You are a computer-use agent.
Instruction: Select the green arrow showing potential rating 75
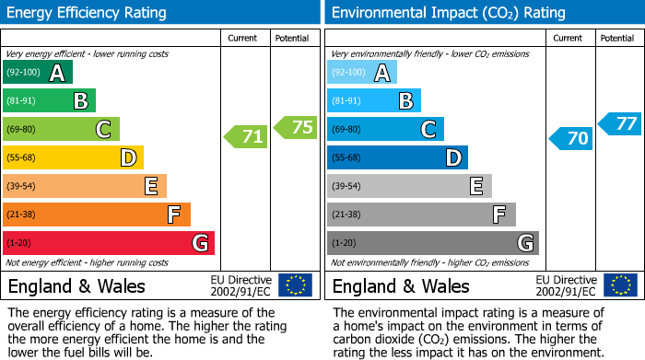coord(296,128)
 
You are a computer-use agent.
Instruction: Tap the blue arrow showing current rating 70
coord(570,139)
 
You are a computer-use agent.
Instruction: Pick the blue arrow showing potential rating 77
coord(620,123)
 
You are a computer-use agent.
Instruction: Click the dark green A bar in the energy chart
coord(38,73)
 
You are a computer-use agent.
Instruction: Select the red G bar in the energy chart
coord(109,243)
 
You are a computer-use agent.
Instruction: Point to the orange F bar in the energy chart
coord(97,215)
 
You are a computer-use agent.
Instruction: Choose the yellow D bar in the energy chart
coord(73,157)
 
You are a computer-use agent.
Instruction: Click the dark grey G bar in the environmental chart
coord(432,243)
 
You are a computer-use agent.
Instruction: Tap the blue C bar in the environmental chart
coord(385,129)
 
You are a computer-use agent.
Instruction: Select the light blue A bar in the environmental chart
coord(361,73)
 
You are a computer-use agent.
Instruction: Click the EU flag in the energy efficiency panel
coord(295,285)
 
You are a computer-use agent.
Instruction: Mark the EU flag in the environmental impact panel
coord(620,285)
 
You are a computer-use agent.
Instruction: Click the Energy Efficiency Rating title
coord(88,13)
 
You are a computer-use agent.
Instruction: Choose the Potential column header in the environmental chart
coord(616,38)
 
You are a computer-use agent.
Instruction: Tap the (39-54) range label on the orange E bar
coord(22,186)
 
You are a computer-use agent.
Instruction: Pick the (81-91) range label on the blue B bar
coord(346,101)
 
